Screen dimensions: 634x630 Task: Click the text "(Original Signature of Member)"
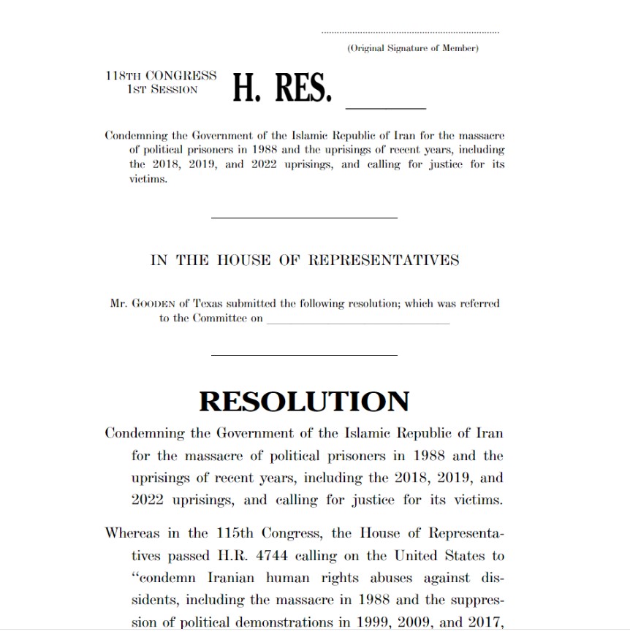click(413, 48)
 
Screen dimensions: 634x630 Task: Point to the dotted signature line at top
click(411, 33)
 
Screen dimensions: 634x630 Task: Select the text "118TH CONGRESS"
click(161, 75)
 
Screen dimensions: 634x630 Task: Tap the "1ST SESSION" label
click(162, 89)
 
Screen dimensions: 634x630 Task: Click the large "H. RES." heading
click(283, 90)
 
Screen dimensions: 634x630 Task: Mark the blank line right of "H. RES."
click(385, 108)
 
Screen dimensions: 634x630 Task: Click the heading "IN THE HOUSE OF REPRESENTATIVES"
click(305, 260)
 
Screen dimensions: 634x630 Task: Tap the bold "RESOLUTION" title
click(304, 402)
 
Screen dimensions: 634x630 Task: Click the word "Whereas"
click(132, 532)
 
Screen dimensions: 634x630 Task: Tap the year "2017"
click(484, 623)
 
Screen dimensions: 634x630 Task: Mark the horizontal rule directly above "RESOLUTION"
click(304, 356)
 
